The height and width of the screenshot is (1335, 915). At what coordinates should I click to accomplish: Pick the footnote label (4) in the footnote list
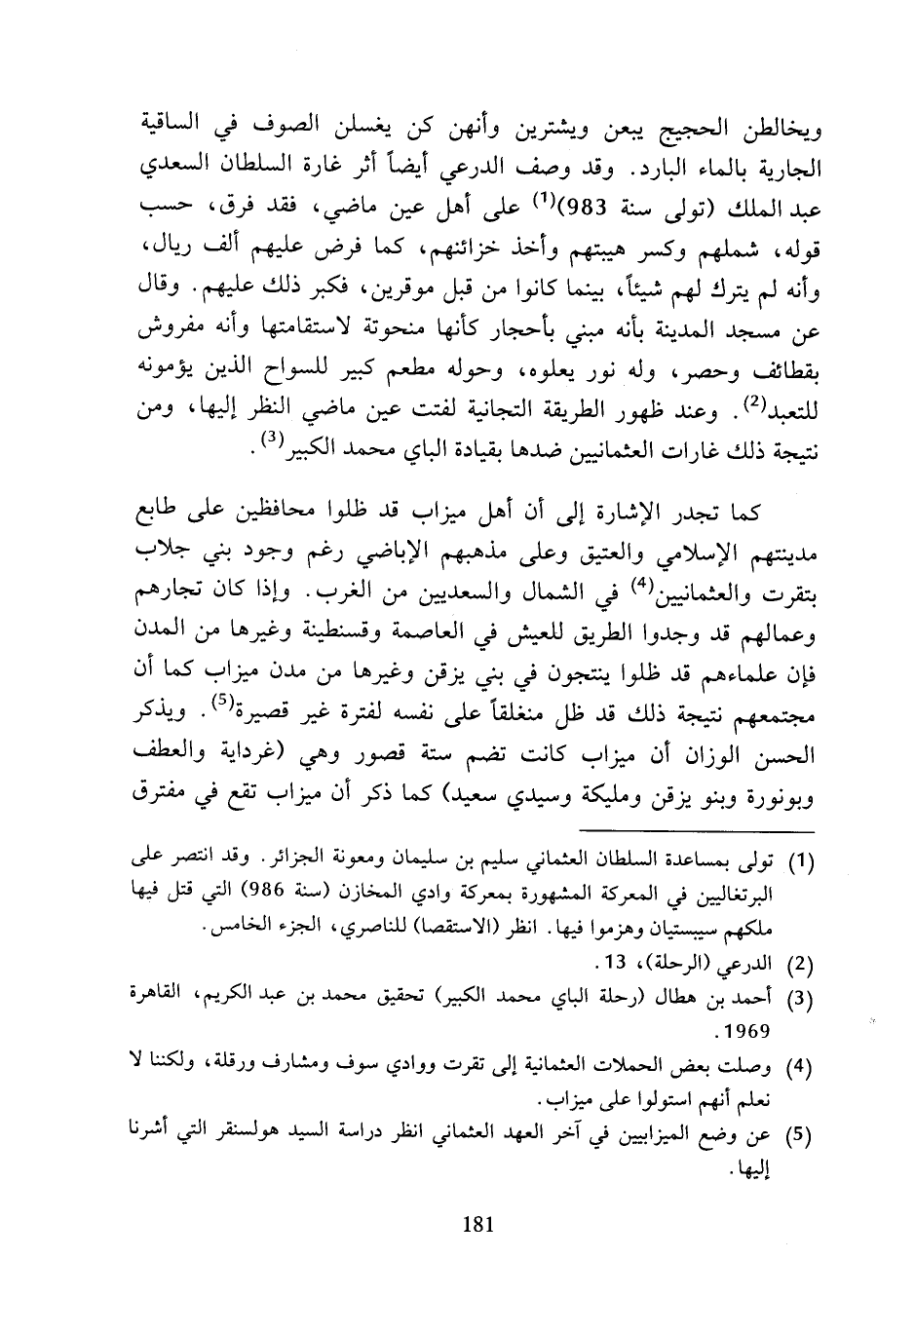point(801,1068)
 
